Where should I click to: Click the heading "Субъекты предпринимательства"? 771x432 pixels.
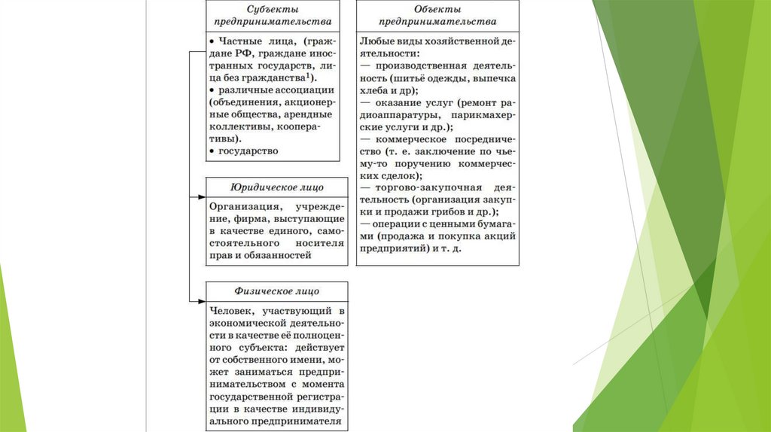[x=273, y=15]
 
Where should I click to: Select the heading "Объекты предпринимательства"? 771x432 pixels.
[x=438, y=15]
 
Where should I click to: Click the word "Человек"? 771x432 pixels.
[x=233, y=310]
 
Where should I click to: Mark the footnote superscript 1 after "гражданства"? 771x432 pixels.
[x=310, y=76]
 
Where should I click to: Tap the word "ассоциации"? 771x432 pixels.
[x=307, y=90]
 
